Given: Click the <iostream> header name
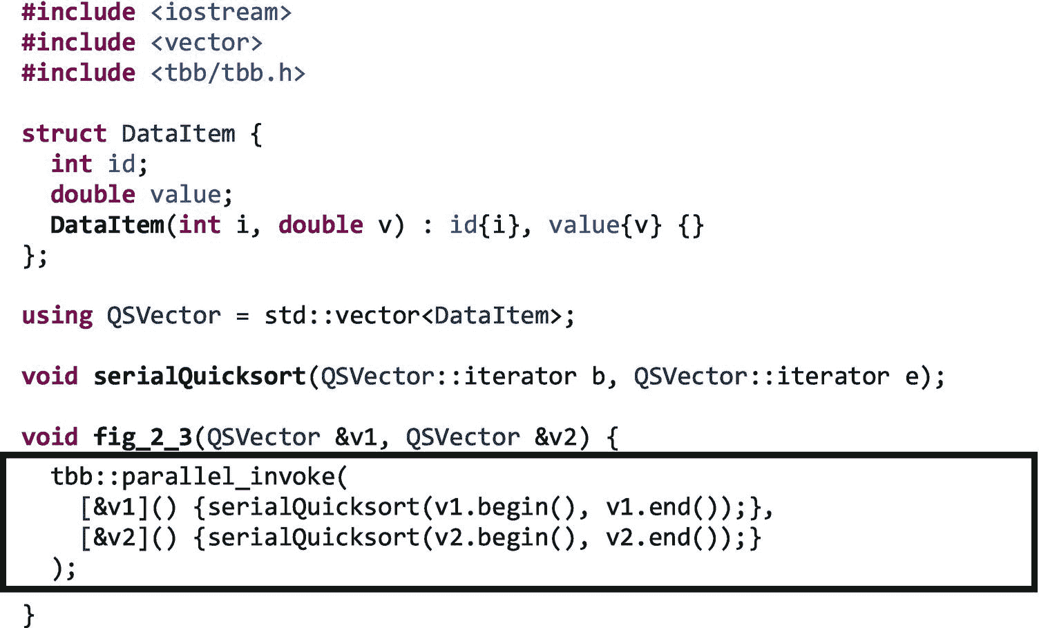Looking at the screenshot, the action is [221, 12].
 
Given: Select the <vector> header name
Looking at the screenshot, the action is [207, 43].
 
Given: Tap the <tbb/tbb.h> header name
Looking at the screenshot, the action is [228, 73].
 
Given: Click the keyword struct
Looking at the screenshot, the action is [64, 133].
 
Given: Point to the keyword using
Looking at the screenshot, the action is [57, 316].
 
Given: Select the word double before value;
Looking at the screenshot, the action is [93, 194].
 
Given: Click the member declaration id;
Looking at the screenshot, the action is [128, 164].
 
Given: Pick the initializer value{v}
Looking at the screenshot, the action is [605, 225].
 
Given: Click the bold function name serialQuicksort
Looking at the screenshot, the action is [200, 377].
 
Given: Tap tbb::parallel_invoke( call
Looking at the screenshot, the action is [200, 477].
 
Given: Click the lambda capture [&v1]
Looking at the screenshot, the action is [115, 507].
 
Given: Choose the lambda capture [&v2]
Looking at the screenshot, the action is [115, 537].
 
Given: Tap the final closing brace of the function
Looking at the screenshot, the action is [28, 614].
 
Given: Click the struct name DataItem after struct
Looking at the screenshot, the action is [178, 133].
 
